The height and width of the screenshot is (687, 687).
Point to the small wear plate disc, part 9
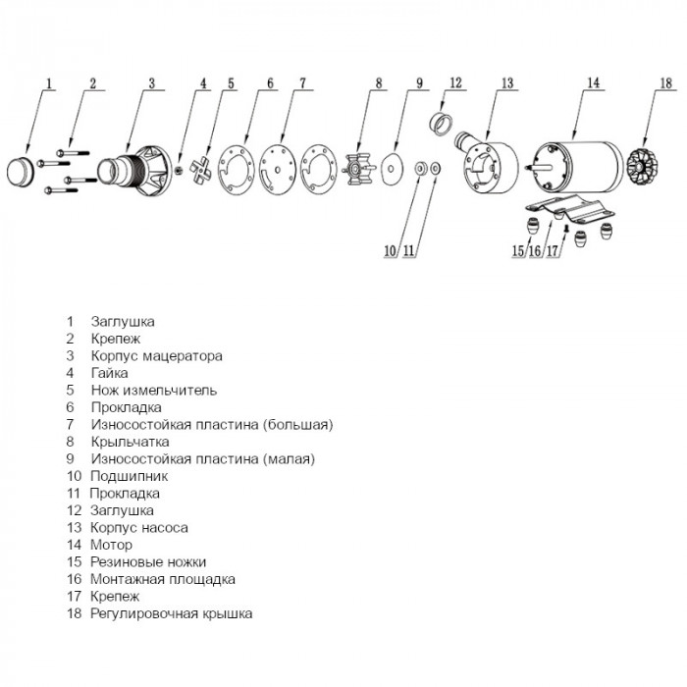395,169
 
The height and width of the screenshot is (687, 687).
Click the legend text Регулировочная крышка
171,613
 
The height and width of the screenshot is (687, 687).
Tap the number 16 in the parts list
71,579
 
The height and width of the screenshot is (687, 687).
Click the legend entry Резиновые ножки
148,561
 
